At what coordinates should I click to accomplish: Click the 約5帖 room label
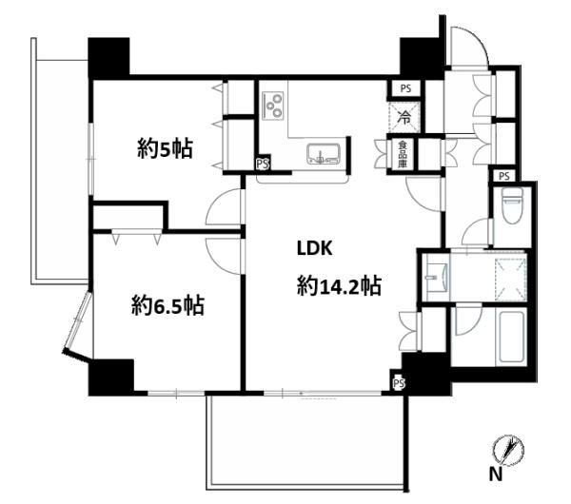click(x=165, y=148)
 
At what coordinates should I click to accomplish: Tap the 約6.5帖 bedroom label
click(x=167, y=305)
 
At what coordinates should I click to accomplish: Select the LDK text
click(x=315, y=248)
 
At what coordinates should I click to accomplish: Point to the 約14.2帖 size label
click(x=339, y=285)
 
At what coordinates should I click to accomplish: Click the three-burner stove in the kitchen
click(x=272, y=106)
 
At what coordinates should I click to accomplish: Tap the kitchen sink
click(x=324, y=154)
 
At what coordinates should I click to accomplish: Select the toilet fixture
click(x=512, y=205)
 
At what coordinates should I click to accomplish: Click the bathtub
click(x=512, y=337)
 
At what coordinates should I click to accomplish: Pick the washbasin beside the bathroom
click(x=436, y=278)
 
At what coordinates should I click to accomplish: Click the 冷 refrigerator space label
click(x=404, y=117)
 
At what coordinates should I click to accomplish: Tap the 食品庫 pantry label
click(x=402, y=154)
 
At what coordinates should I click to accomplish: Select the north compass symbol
click(x=509, y=450)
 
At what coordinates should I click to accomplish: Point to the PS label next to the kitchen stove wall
click(x=263, y=164)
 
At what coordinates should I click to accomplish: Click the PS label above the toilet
click(x=504, y=177)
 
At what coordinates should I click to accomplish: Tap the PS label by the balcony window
click(x=399, y=383)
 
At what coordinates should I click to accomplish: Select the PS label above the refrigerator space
click(x=405, y=88)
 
